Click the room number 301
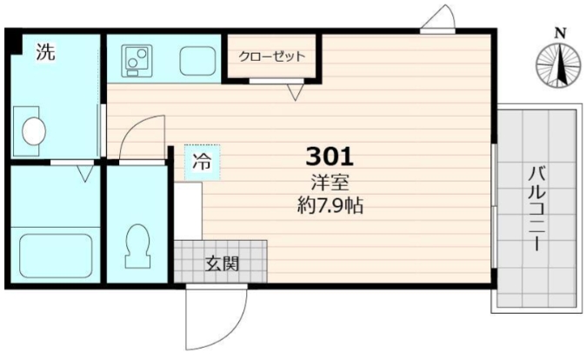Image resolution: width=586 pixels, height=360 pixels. [x=330, y=157]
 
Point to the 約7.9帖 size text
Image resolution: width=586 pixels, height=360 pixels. [x=330, y=206]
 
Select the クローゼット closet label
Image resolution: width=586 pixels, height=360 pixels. [x=272, y=57]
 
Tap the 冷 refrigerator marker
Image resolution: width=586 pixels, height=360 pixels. [x=201, y=161]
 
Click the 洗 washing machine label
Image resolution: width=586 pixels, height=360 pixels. [x=44, y=52]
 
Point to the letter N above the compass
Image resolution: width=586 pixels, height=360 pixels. [x=561, y=34]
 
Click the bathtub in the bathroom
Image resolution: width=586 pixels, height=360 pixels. [x=55, y=256]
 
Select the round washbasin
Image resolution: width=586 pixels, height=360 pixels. [x=34, y=130]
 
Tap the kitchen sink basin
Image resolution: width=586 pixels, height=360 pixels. [x=198, y=59]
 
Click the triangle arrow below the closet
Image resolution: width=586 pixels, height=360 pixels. [x=296, y=90]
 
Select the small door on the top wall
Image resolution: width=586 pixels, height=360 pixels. [x=439, y=21]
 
